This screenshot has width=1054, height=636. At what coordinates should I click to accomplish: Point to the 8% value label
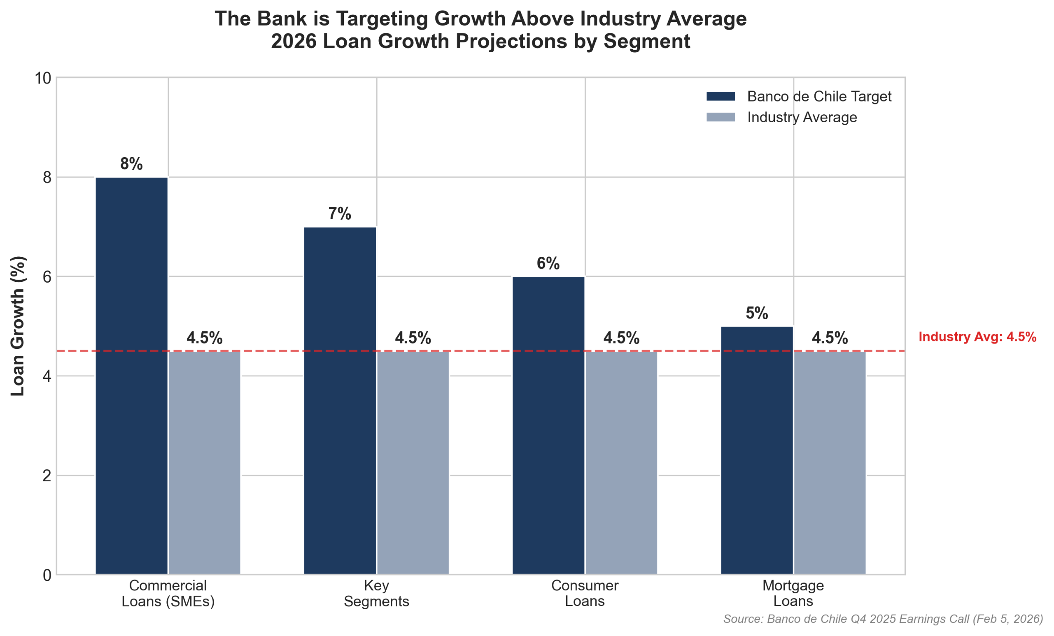[x=131, y=164]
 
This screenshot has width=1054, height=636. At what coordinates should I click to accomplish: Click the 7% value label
[x=340, y=213]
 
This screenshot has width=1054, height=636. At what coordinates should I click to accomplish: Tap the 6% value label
[x=548, y=263]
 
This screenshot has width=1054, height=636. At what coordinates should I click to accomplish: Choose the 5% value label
[x=756, y=313]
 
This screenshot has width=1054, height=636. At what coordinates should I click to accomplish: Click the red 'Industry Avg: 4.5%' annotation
[x=977, y=337]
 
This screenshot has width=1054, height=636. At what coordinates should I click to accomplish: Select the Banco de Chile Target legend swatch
[x=721, y=97]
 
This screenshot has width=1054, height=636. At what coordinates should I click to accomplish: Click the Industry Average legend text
[x=802, y=117]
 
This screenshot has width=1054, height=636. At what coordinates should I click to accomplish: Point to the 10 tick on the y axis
[x=42, y=78]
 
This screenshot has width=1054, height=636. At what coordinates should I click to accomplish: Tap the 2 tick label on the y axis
[x=47, y=475]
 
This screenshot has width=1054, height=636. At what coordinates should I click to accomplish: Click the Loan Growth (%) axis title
[x=18, y=326]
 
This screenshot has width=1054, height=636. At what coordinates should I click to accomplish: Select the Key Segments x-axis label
[x=376, y=593]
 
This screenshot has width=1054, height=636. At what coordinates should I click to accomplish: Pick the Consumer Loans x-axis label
[x=584, y=593]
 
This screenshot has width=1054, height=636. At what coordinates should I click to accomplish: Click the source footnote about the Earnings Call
[x=883, y=619]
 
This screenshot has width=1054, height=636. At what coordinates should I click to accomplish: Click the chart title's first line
[x=480, y=19]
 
